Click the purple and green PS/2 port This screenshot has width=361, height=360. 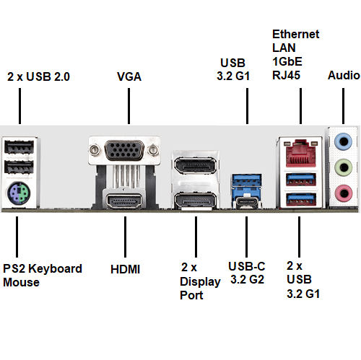[19, 193]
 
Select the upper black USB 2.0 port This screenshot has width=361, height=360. [19, 147]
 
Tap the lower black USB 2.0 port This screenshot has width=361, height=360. [19, 167]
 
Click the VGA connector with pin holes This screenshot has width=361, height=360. [124, 150]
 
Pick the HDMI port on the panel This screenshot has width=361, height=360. [124, 201]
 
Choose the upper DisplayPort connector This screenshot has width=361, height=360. [196, 165]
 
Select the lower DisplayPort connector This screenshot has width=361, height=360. [196, 201]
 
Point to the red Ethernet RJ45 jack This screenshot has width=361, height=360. [300, 153]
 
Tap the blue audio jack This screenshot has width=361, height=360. [344, 141]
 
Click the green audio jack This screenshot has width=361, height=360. [344, 167]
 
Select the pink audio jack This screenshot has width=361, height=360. [344, 193]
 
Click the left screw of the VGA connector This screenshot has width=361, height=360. [94, 150]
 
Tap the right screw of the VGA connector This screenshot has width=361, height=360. [153, 150]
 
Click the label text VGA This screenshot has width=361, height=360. [129, 76]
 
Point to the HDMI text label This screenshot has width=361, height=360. [125, 269]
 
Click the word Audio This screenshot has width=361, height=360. [344, 75]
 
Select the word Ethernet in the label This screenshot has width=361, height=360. [296, 34]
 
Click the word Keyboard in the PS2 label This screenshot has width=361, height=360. [55, 269]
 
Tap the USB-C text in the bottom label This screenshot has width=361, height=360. [247, 266]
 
